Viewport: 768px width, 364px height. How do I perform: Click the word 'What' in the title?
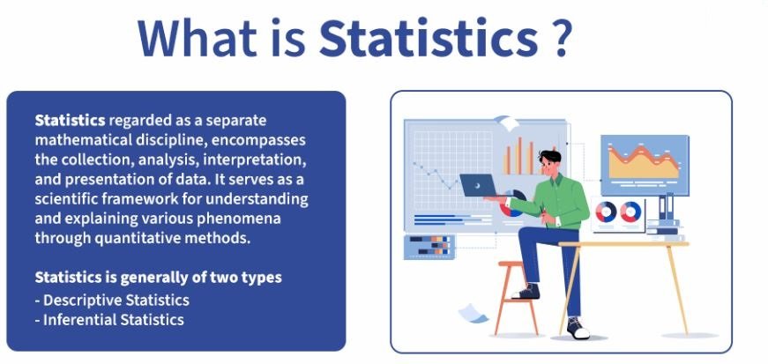coord(197,38)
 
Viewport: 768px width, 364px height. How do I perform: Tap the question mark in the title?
coord(558,38)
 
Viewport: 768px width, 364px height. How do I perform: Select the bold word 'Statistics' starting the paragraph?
coord(70,120)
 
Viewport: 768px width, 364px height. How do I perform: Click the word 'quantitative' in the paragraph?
coord(140,239)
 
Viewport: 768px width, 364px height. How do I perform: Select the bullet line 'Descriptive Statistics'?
coord(112,300)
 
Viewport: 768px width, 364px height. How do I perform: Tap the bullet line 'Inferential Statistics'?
coord(109,320)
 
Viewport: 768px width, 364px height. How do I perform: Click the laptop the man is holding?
coord(478,186)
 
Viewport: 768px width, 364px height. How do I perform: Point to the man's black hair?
coord(549,157)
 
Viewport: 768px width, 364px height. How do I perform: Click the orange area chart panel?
coord(645,165)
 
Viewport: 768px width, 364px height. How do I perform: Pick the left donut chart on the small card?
coord(606,212)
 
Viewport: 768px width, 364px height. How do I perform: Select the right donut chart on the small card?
coord(630,212)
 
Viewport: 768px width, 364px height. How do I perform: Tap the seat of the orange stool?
coord(511,264)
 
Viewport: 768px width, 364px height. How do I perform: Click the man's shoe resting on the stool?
coord(526,292)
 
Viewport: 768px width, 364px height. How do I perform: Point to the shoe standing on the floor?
coord(578,328)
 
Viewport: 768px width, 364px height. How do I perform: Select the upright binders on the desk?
coord(666,206)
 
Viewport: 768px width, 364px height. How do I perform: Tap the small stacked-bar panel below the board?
coord(429,247)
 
